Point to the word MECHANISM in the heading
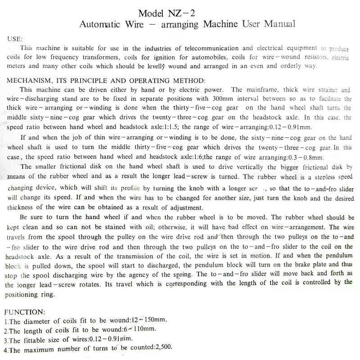coord(27,81)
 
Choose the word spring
coord(180,273)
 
